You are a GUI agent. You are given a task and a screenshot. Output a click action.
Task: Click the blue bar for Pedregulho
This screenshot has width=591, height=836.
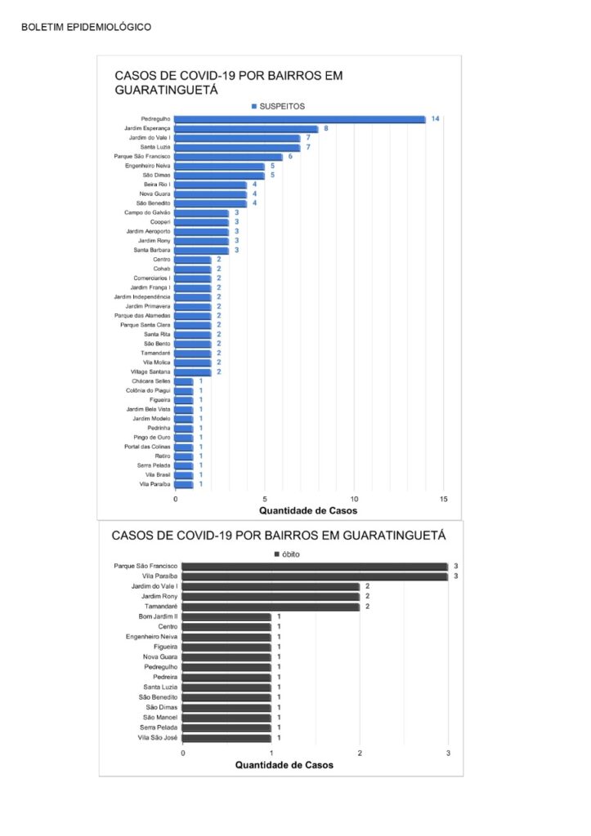pos(299,119)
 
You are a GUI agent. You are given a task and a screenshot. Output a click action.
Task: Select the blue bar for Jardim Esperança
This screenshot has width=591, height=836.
pos(246,128)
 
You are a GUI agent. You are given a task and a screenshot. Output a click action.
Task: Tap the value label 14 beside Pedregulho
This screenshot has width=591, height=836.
pos(435,119)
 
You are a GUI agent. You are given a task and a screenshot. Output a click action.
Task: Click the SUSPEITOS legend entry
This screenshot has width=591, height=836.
pos(278,106)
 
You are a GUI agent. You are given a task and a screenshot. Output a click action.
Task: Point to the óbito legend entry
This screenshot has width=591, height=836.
pos(287,554)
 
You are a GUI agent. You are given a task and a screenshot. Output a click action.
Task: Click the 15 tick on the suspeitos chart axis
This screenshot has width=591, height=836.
pos(444,500)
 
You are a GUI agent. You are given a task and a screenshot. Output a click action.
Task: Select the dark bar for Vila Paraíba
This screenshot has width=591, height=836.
pos(315,576)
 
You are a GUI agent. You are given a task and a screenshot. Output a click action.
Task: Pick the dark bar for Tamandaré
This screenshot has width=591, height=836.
pos(271,607)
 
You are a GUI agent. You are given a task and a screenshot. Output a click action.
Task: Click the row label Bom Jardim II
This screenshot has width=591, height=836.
pos(158,616)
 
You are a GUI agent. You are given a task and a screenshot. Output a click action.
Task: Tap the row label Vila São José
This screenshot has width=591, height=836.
pos(158,738)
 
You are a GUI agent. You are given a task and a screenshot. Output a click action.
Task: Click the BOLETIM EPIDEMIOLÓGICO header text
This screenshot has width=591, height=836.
pos(86,27)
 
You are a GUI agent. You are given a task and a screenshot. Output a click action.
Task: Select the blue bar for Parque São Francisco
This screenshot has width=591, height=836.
pos(229,157)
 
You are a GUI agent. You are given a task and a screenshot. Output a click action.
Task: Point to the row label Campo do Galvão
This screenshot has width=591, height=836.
pos(147,213)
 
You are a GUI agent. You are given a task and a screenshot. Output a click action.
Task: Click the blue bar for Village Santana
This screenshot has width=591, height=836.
pos(193,372)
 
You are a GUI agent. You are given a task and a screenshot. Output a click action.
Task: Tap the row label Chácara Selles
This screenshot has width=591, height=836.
pos(151,381)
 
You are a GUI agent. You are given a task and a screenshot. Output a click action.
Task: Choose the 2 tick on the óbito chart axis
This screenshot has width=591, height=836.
pos(360,754)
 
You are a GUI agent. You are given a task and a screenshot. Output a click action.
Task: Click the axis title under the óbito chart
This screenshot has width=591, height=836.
pos(284,765)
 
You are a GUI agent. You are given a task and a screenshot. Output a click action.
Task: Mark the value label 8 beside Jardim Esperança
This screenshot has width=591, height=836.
pos(325,128)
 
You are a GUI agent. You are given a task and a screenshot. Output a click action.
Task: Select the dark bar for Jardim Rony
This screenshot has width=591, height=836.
pos(271,597)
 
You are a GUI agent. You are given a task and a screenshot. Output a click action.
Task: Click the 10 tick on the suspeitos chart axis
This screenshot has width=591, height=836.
pos(354,500)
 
